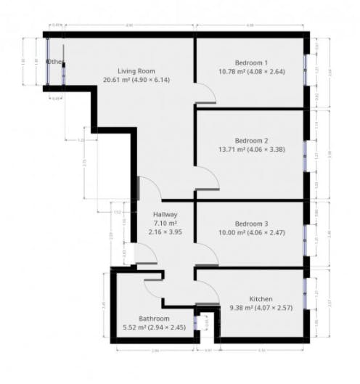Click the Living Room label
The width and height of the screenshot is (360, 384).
pyautogui.click(x=138, y=70)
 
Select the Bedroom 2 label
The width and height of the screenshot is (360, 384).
pyautogui.click(x=251, y=140)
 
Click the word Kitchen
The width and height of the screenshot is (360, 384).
pyautogui.click(x=261, y=299)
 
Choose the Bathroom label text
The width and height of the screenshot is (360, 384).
pyautogui.click(x=155, y=319)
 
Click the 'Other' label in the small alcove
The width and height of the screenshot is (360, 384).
pyautogui.click(x=55, y=62)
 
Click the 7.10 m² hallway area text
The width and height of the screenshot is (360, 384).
pyautogui.click(x=166, y=224)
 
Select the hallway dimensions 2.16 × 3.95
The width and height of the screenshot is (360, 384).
pyautogui.click(x=166, y=234)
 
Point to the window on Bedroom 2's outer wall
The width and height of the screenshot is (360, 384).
pyautogui.click(x=306, y=155)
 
